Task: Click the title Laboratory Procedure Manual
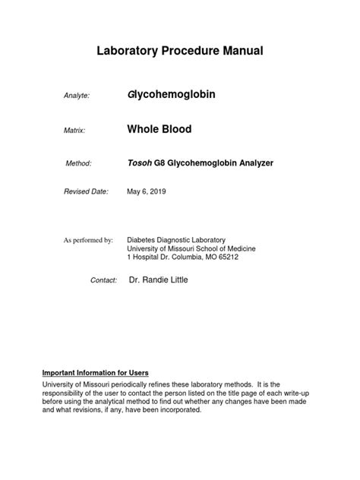click(180, 51)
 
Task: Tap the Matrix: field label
click(74, 131)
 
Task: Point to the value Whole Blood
click(159, 129)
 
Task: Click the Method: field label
click(78, 163)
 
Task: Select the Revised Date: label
click(85, 192)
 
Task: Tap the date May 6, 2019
click(146, 192)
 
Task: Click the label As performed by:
click(88, 240)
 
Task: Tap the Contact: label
click(103, 280)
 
